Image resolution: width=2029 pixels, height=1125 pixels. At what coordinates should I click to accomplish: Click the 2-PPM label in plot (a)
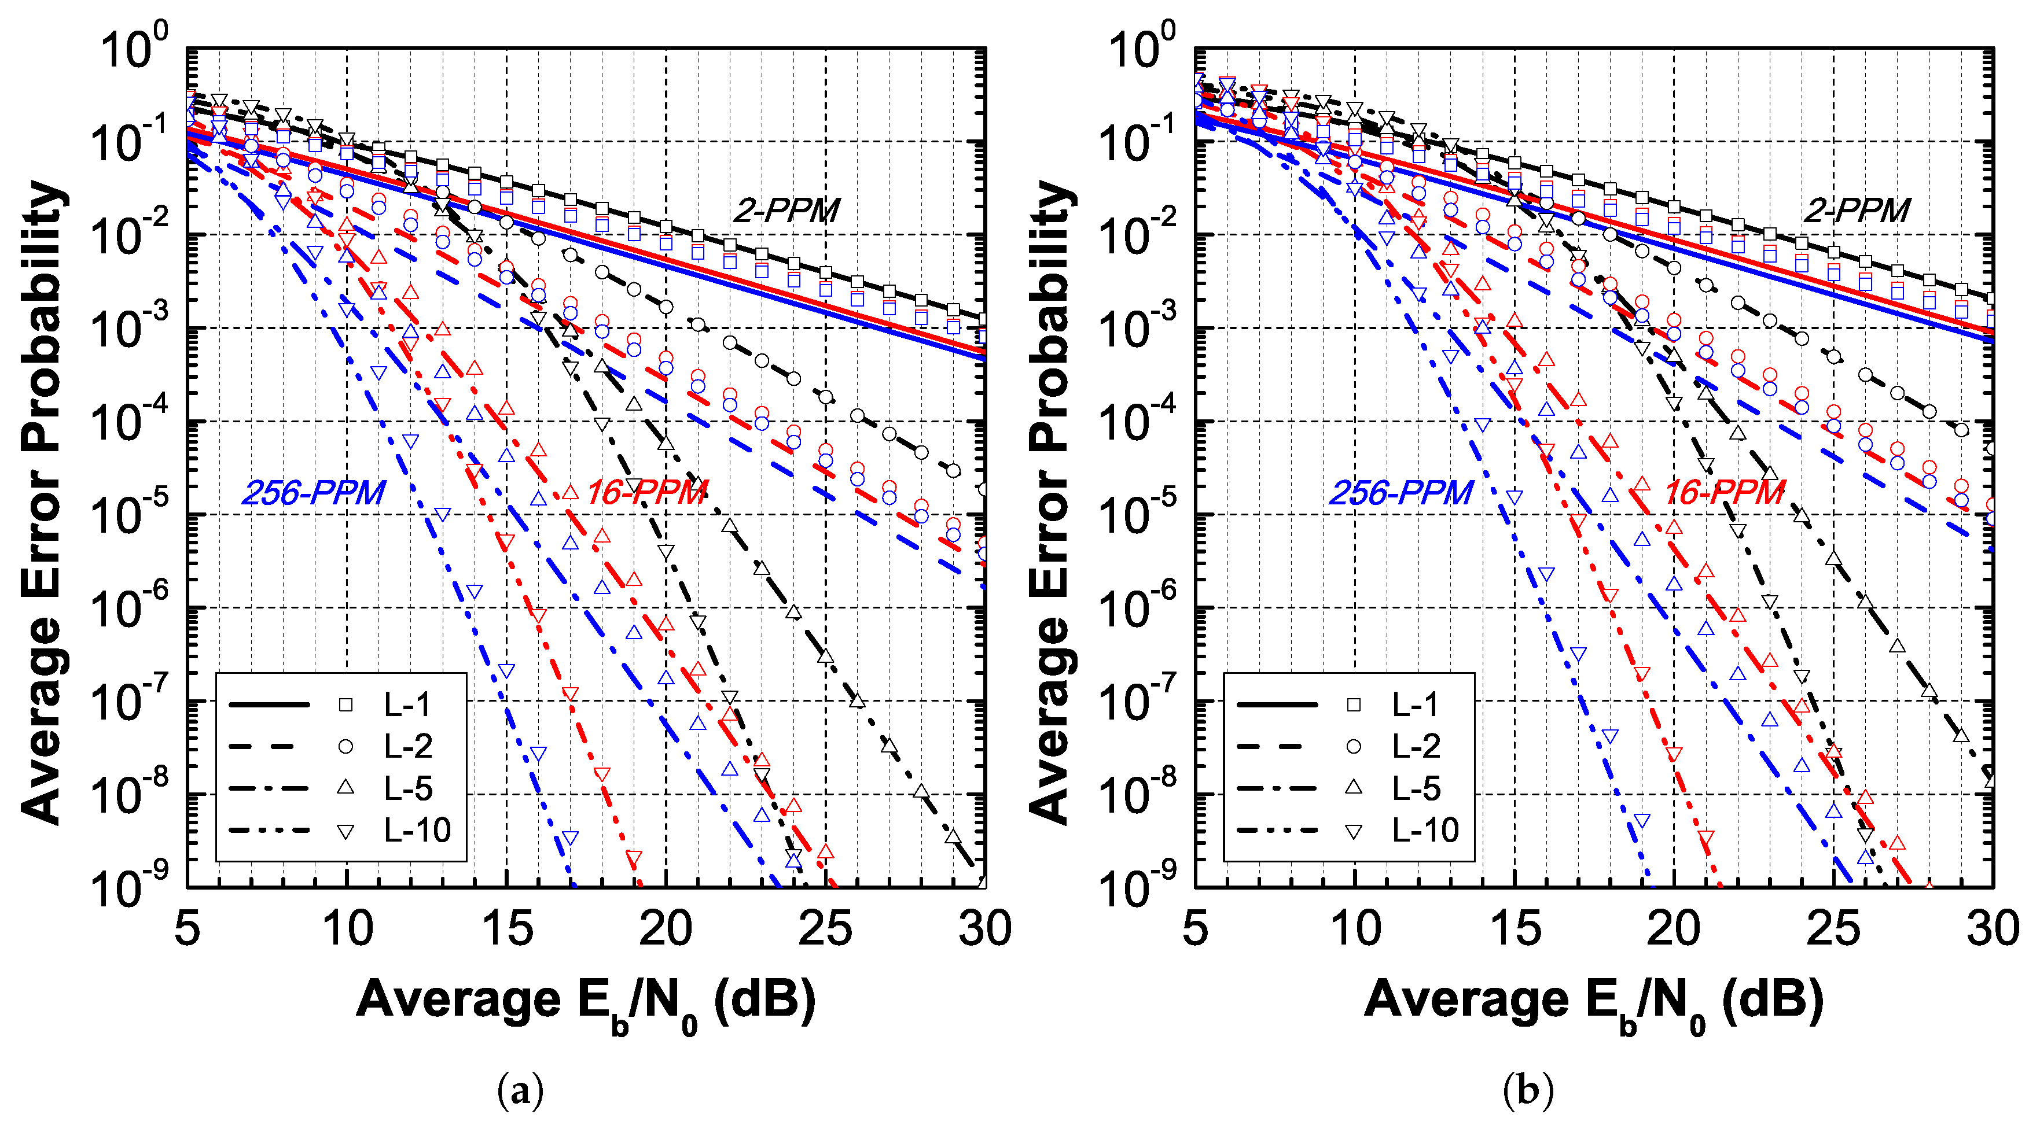click(786, 210)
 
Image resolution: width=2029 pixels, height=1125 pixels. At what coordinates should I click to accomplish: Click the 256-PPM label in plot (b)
click(1400, 493)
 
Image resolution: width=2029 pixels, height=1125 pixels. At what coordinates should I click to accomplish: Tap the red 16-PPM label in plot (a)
click(646, 493)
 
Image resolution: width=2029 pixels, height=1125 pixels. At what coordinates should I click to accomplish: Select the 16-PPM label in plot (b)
click(1723, 493)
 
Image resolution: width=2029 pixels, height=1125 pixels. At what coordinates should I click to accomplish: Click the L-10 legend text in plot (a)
click(417, 831)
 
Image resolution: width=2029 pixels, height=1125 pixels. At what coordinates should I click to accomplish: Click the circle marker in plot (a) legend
click(345, 746)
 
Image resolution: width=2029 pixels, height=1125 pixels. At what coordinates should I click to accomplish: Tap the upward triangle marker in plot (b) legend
click(1353, 787)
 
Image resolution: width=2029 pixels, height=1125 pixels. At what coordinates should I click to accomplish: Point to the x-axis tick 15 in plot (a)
click(506, 929)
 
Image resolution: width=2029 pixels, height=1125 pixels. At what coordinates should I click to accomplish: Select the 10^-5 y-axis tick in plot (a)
click(130, 512)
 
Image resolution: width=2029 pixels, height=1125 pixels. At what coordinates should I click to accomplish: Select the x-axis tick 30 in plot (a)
click(984, 929)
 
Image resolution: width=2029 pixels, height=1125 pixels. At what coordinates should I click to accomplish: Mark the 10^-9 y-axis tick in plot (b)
click(1138, 886)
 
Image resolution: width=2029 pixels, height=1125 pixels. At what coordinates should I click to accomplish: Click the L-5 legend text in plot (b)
click(1416, 788)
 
